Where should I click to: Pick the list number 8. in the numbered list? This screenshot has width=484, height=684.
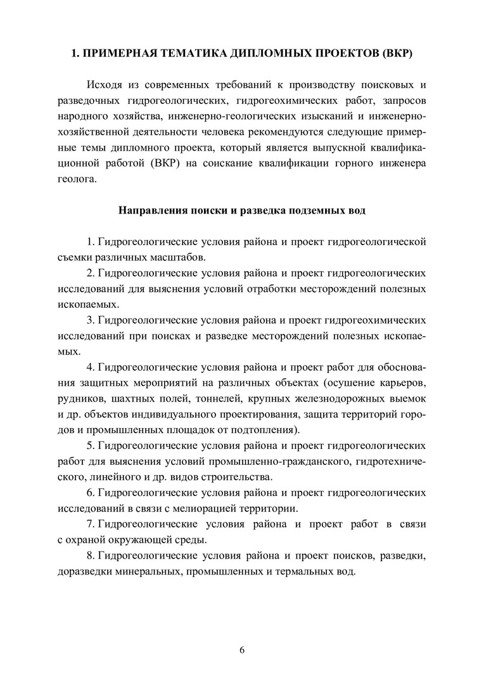91,555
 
